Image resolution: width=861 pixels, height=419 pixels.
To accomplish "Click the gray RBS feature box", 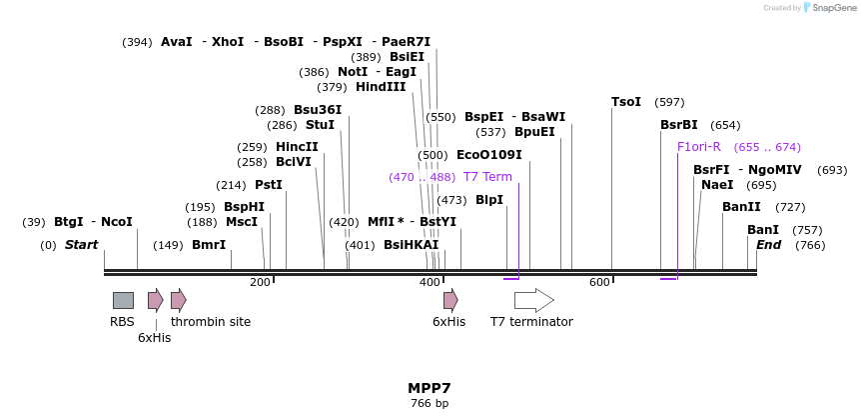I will [x=123, y=300].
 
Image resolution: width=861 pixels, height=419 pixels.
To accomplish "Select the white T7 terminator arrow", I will [x=533, y=300].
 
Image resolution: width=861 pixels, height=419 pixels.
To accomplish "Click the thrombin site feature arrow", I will [x=178, y=300].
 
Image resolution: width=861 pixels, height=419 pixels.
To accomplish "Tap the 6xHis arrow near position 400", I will [x=450, y=300].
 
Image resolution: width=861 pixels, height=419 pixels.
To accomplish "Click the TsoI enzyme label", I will [x=626, y=102].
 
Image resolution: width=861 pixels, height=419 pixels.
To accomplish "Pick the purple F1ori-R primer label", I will [x=699, y=147].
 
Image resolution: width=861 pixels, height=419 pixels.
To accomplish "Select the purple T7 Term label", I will [x=487, y=177].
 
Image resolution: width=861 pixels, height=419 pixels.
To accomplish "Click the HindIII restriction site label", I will [x=381, y=87].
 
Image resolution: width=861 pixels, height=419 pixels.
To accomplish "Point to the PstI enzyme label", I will [x=269, y=185].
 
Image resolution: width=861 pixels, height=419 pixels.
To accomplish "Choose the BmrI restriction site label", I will [x=209, y=245].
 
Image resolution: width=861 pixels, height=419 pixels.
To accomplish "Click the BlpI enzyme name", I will [x=489, y=200].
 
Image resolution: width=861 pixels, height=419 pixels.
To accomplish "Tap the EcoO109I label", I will [x=488, y=155].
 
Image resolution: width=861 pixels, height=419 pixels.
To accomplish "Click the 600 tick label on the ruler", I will [x=599, y=283].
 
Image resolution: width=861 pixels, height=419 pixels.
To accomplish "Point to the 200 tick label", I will [x=260, y=283].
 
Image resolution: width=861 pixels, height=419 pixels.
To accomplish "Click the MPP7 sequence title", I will [x=430, y=388].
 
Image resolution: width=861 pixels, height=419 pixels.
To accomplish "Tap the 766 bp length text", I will [x=430, y=404].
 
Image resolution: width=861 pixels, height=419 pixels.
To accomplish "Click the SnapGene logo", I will [x=830, y=8].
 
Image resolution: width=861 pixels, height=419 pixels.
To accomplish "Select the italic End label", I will [x=768, y=245].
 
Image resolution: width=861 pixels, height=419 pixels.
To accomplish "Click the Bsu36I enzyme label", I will [x=318, y=110].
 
